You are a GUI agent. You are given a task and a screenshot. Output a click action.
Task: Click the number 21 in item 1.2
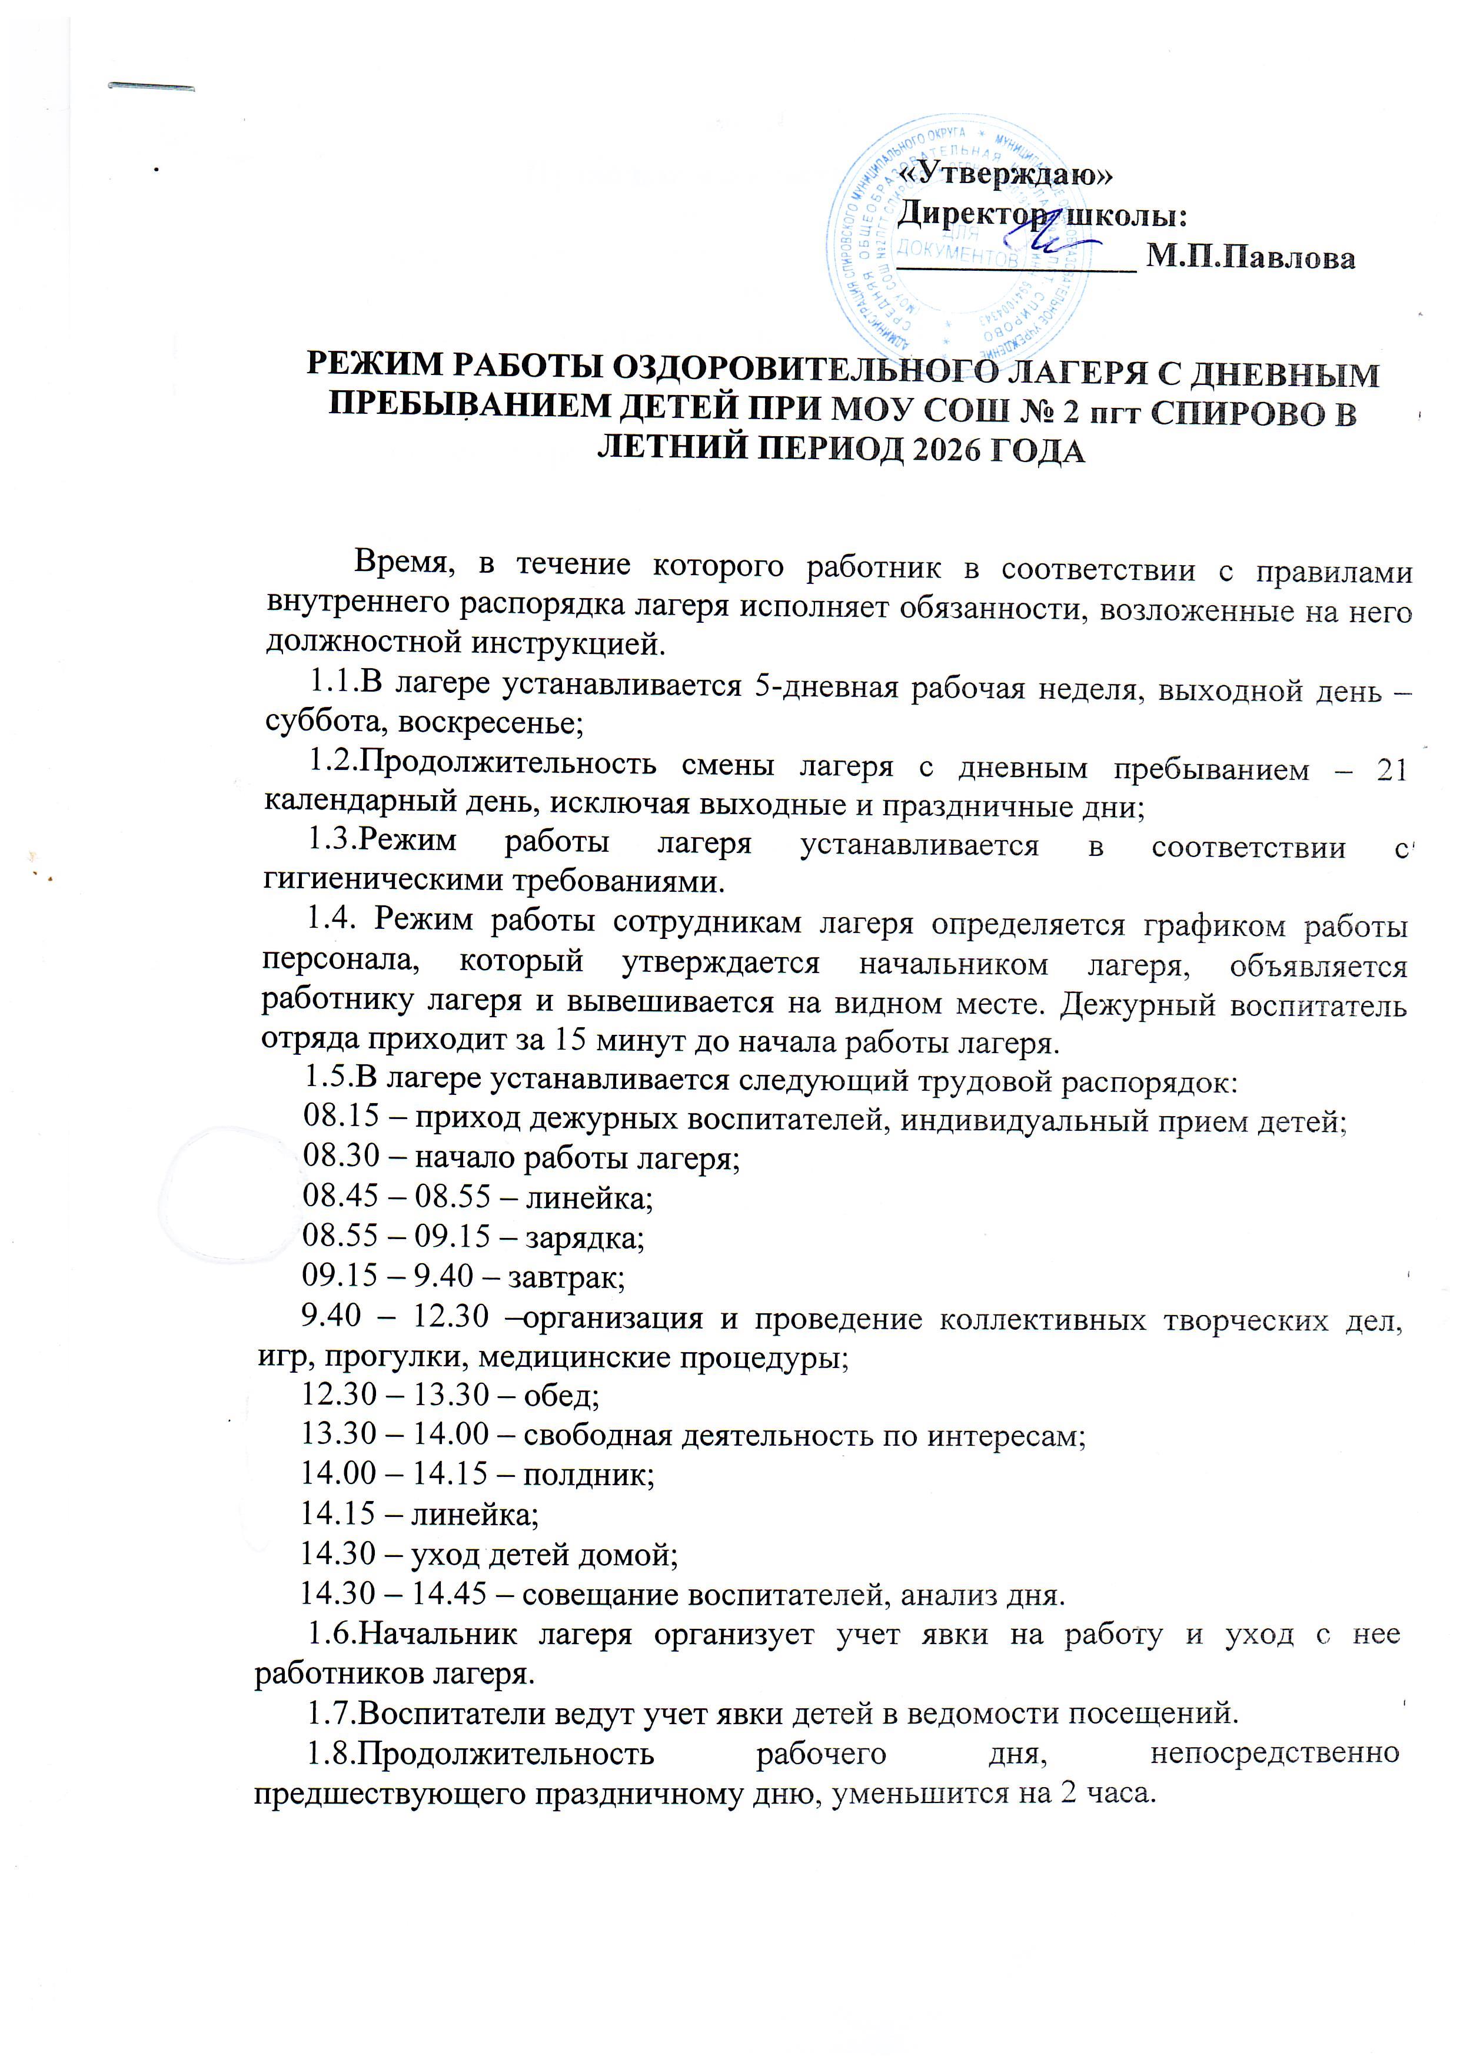(x=1391, y=771)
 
